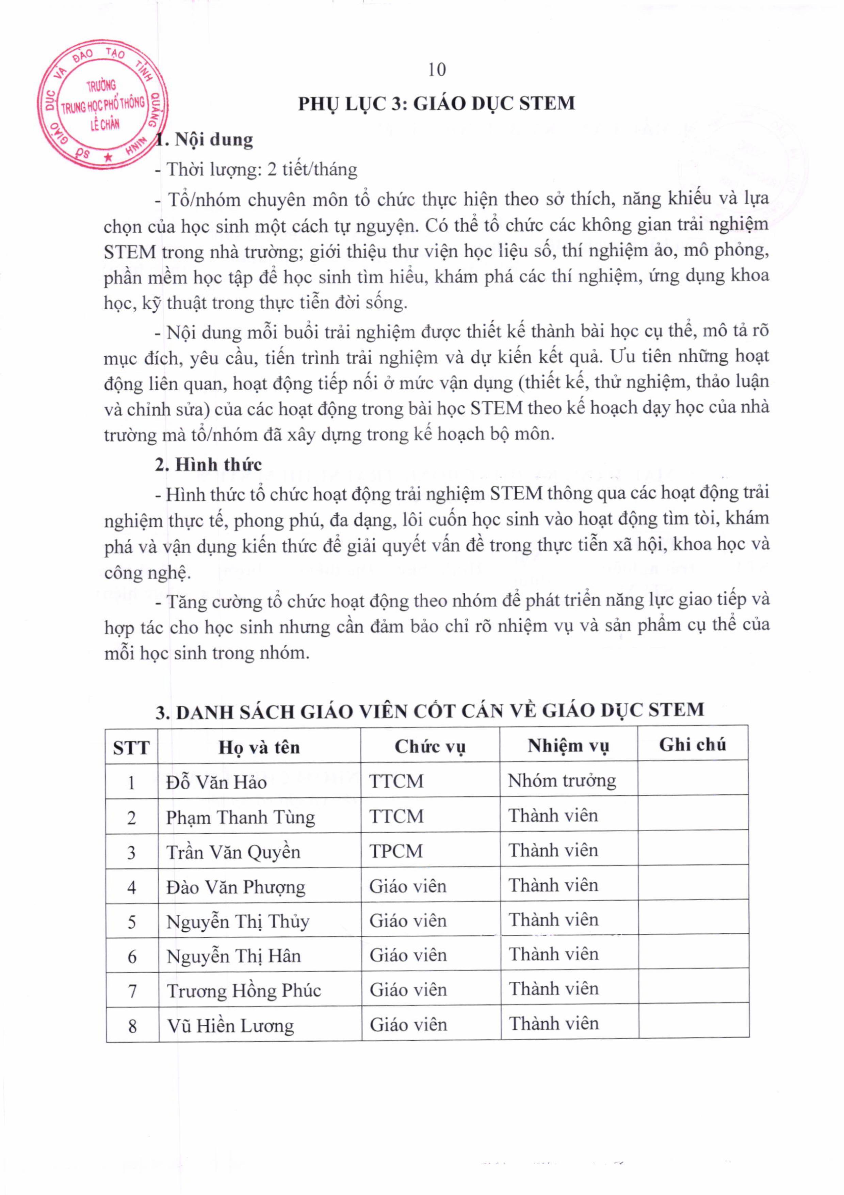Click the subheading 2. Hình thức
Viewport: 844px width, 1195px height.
coord(208,464)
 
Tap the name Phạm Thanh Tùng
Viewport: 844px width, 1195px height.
coord(240,817)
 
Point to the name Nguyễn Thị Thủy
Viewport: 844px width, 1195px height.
coord(237,922)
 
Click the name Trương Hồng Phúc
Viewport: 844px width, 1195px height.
coord(243,991)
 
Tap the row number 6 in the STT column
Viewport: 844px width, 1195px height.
coord(132,957)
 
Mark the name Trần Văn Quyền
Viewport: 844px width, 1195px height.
coord(233,852)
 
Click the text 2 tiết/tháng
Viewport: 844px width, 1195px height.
coord(312,169)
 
